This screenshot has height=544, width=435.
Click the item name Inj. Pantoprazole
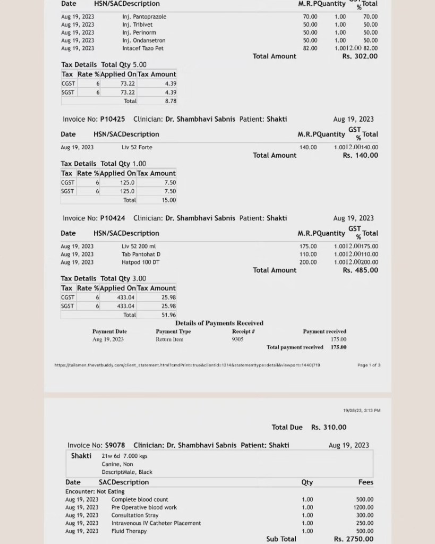144,16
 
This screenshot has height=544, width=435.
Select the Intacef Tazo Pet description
143,48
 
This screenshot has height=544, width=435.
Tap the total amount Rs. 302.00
360,56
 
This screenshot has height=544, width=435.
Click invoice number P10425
113,119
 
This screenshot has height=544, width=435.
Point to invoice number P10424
113,218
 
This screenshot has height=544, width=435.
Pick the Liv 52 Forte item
137,147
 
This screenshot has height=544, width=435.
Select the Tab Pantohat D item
141,254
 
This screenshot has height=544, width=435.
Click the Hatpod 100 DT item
140,262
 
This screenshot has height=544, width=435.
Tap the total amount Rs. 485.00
360,270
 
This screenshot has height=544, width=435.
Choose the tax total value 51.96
169,315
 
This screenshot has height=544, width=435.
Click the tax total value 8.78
170,101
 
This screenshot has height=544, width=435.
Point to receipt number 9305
237,339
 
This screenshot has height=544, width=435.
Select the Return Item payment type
169,339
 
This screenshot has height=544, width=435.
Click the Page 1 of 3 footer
369,365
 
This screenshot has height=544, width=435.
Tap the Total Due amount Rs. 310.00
328,427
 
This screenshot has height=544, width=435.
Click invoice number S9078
115,445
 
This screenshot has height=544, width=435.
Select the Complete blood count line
140,499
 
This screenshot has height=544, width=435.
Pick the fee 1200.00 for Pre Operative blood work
364,507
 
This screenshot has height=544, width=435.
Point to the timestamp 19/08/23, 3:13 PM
362,411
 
